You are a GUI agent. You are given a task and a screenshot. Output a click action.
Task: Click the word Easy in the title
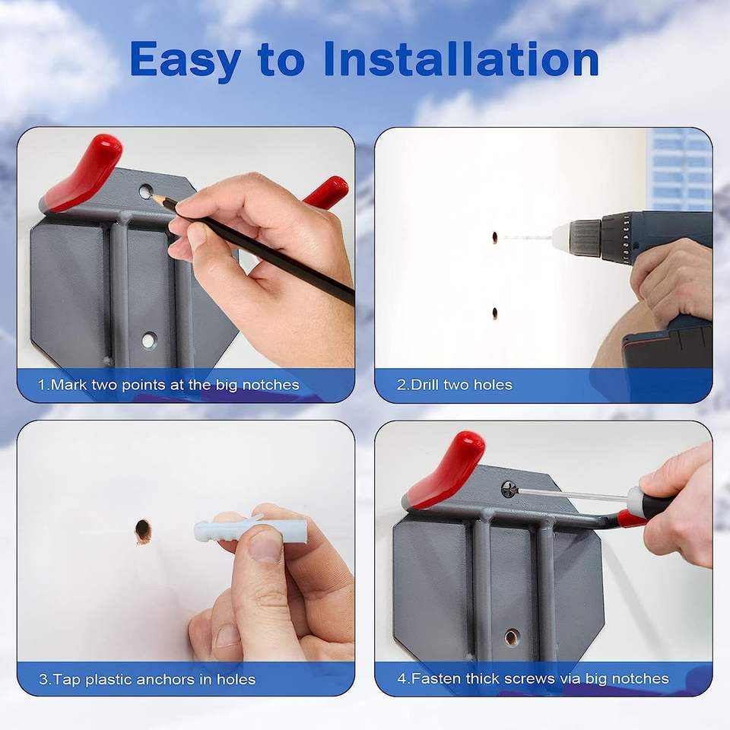tap(185, 59)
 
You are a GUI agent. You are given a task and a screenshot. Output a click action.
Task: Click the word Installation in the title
tap(461, 59)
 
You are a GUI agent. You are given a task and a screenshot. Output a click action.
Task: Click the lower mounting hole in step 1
tap(149, 341)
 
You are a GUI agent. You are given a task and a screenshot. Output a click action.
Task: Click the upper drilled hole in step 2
tap(495, 237)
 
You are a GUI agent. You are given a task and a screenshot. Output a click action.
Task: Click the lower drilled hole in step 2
tap(495, 313)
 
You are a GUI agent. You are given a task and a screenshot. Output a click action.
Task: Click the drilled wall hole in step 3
tap(143, 530)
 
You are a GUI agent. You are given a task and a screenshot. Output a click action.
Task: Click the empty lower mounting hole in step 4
tap(512, 636)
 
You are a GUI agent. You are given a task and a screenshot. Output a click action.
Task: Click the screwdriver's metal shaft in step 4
tap(573, 494)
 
